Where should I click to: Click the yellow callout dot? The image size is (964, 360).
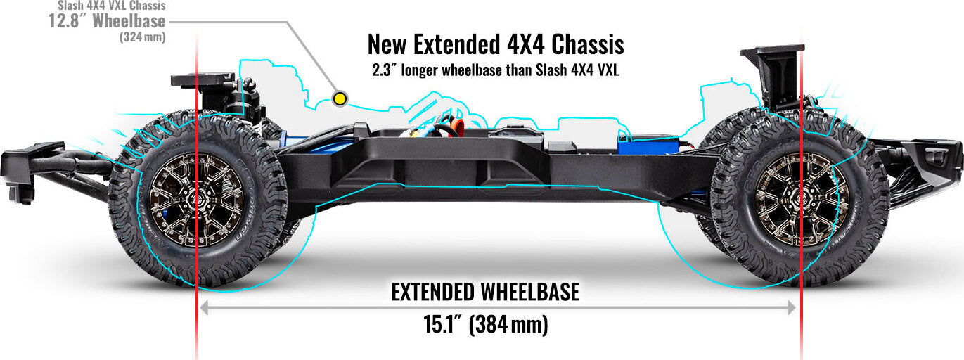340,99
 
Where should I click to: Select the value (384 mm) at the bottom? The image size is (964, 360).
508,325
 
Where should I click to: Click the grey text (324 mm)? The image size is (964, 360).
143,37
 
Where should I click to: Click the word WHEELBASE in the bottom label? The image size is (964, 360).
529,292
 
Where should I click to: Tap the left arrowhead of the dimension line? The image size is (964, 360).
204,307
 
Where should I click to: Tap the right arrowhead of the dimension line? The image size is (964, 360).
792,307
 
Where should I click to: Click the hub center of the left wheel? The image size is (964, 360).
197,200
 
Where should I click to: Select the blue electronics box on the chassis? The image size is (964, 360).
648,145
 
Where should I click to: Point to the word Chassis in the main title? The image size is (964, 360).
588,44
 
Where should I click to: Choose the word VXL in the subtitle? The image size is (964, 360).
608,70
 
